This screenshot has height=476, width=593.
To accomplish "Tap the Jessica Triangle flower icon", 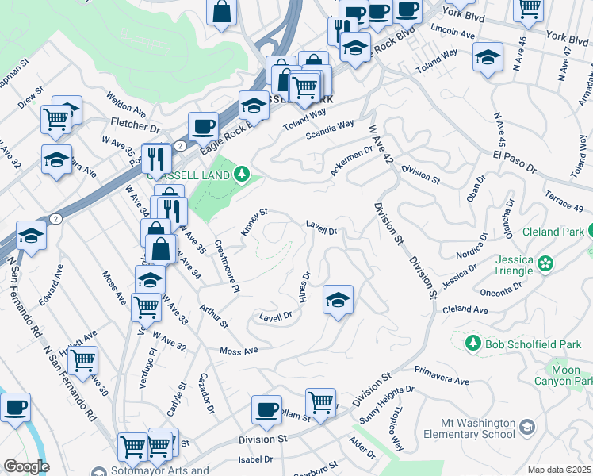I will pyautogui.click(x=545, y=263).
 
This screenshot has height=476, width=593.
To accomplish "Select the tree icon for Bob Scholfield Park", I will pyautogui.click(x=472, y=343).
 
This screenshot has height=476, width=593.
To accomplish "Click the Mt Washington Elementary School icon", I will pyautogui.click(x=526, y=428).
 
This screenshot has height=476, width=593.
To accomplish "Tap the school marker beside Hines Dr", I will pyautogui.click(x=338, y=300).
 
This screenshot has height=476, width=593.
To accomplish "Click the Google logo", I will pyautogui.click(x=26, y=466).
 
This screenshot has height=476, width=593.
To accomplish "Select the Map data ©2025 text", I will pyautogui.click(x=560, y=470).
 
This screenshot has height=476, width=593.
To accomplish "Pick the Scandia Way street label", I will pyautogui.click(x=331, y=129).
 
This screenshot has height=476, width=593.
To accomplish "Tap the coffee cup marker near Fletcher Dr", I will pyautogui.click(x=203, y=125).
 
